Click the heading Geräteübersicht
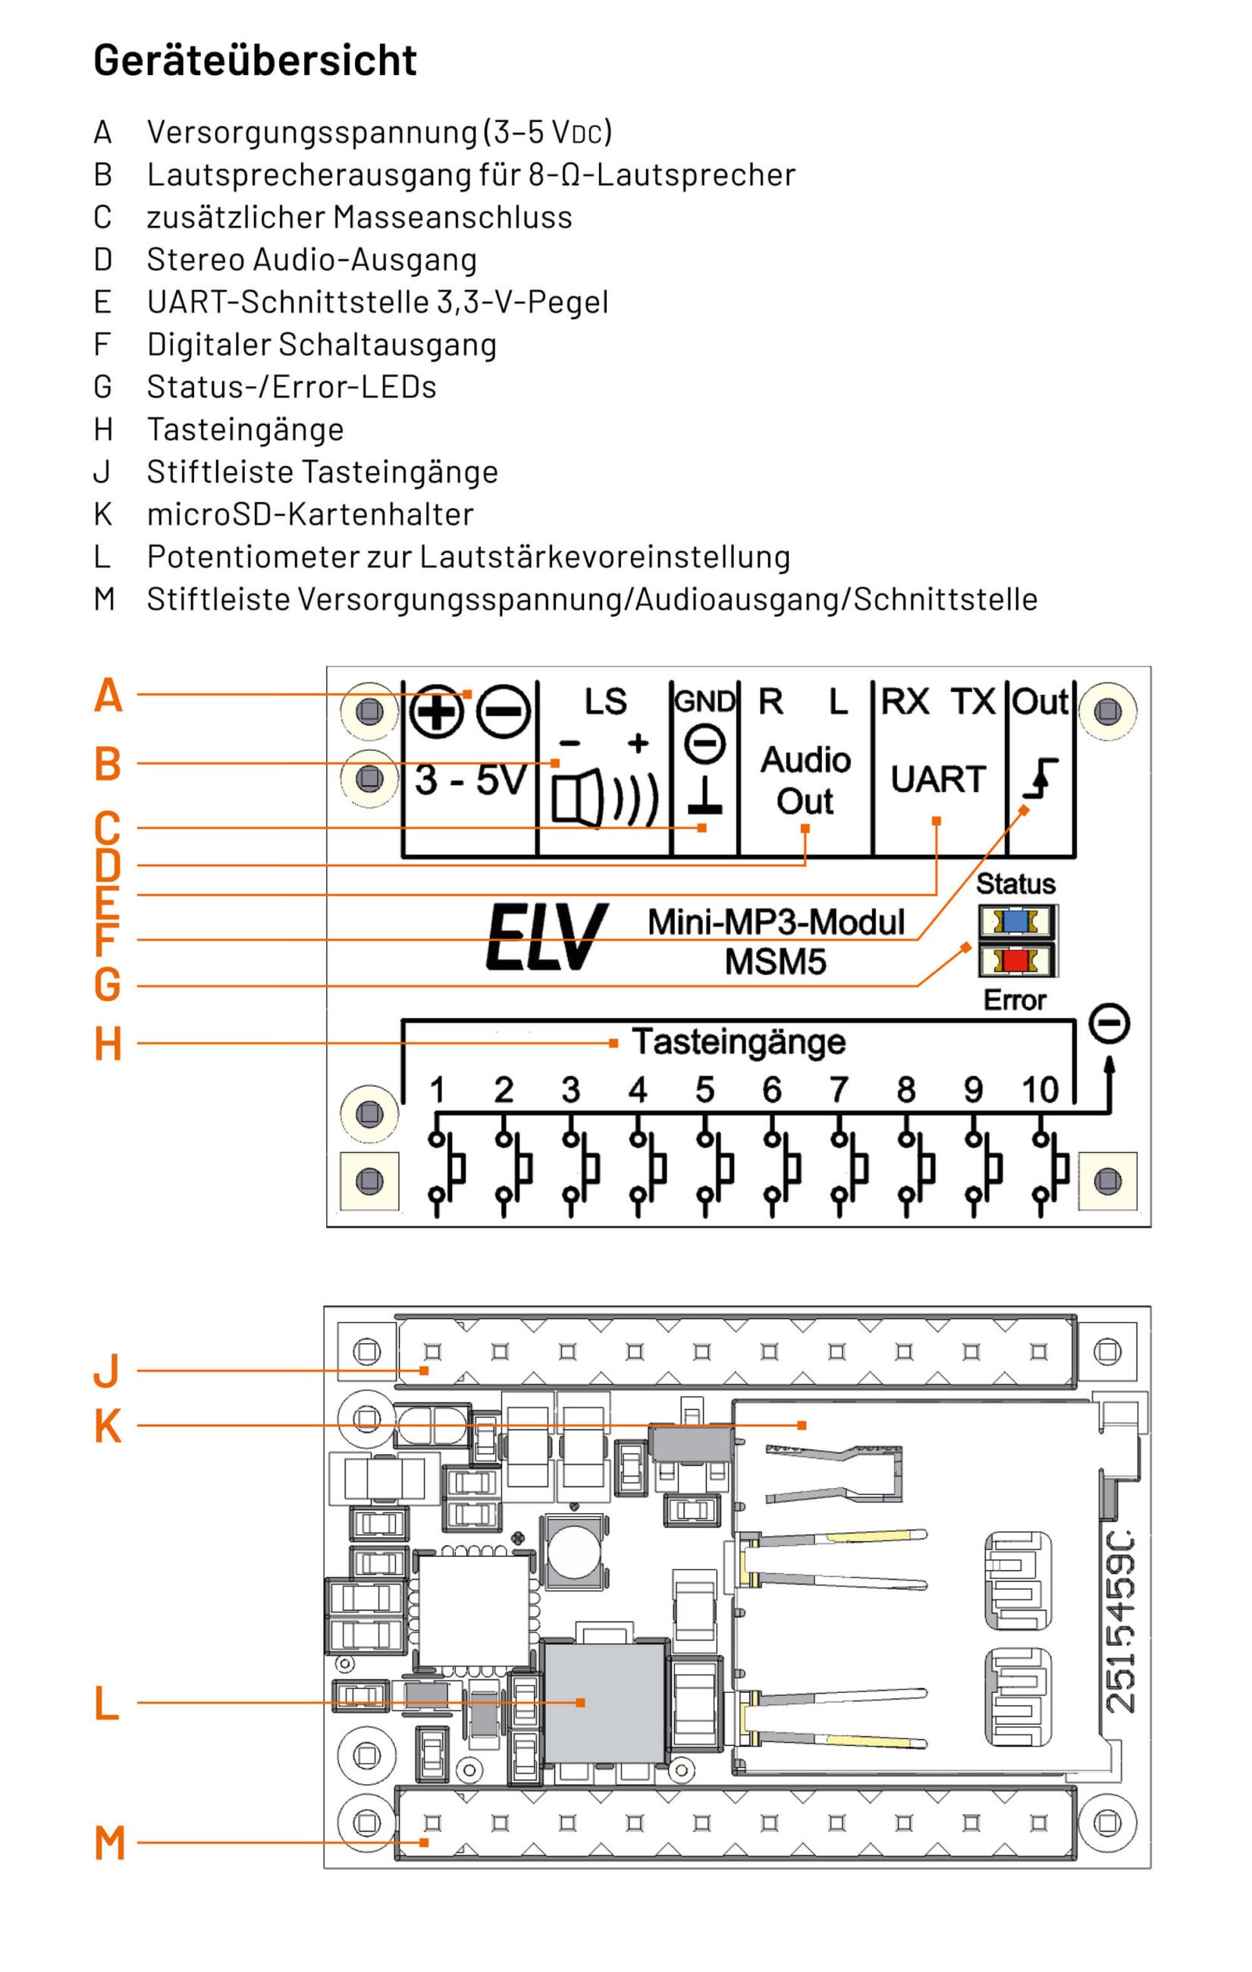pyautogui.click(x=255, y=61)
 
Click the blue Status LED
pyautogui.click(x=1015, y=922)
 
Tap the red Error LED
pyautogui.click(x=1015, y=959)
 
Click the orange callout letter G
pyautogui.click(x=107, y=984)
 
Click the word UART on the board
pyautogui.click(x=937, y=779)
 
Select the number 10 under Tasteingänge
pyautogui.click(x=1039, y=1090)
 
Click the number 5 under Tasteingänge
pyautogui.click(x=704, y=1090)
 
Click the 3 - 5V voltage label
pyautogui.click(x=470, y=780)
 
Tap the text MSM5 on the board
pyautogui.click(x=774, y=962)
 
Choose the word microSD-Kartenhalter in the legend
pyautogui.click(x=310, y=514)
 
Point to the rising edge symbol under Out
pyautogui.click(x=1040, y=779)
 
